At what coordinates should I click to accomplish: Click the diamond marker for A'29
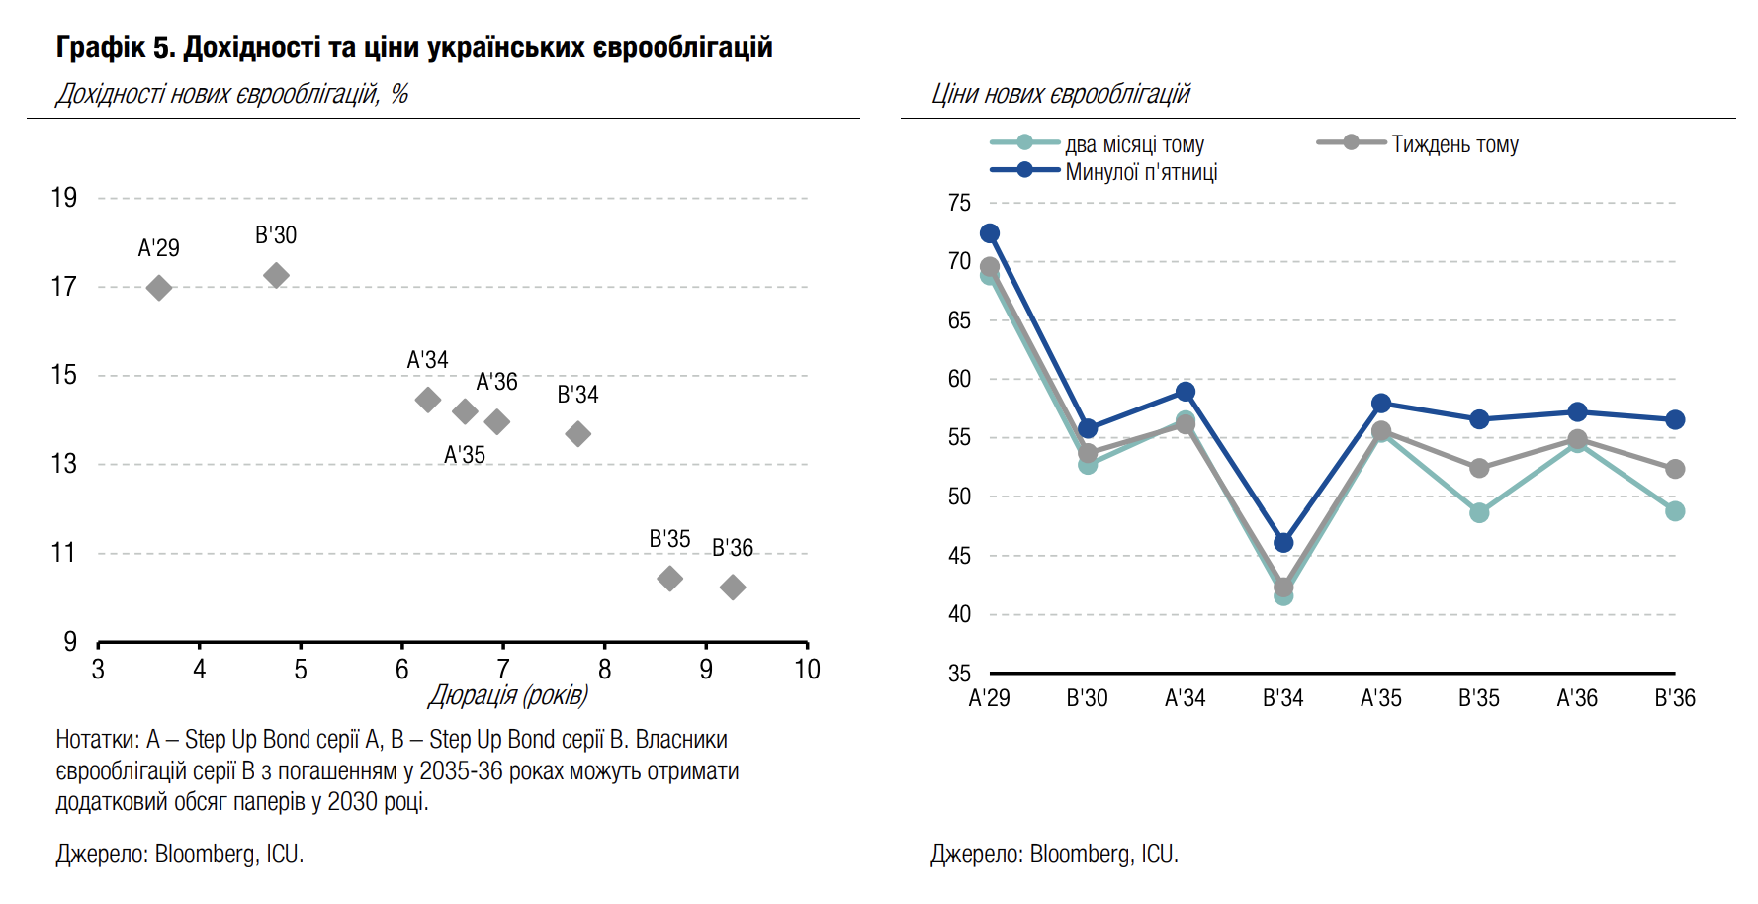click(159, 288)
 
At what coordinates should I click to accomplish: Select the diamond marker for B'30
click(277, 275)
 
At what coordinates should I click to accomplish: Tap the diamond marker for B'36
click(733, 588)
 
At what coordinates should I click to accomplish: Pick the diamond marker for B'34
click(578, 433)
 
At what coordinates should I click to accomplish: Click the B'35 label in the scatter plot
click(669, 539)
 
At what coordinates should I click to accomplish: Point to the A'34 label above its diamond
click(427, 360)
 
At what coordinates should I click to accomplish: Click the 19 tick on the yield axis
click(64, 198)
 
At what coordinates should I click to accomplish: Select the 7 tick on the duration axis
click(503, 670)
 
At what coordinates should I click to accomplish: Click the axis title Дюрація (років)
click(508, 695)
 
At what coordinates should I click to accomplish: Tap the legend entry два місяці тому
click(1134, 144)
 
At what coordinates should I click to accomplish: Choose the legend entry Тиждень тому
click(1454, 144)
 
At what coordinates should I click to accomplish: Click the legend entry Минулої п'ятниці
click(1141, 172)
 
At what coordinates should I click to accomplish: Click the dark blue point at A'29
click(990, 233)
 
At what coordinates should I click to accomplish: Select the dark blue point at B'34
click(1283, 543)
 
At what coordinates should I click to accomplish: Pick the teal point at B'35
click(1479, 512)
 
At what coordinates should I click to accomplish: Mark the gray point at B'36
click(1675, 469)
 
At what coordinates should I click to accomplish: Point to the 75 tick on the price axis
click(959, 203)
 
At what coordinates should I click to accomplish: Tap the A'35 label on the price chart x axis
click(1380, 698)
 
